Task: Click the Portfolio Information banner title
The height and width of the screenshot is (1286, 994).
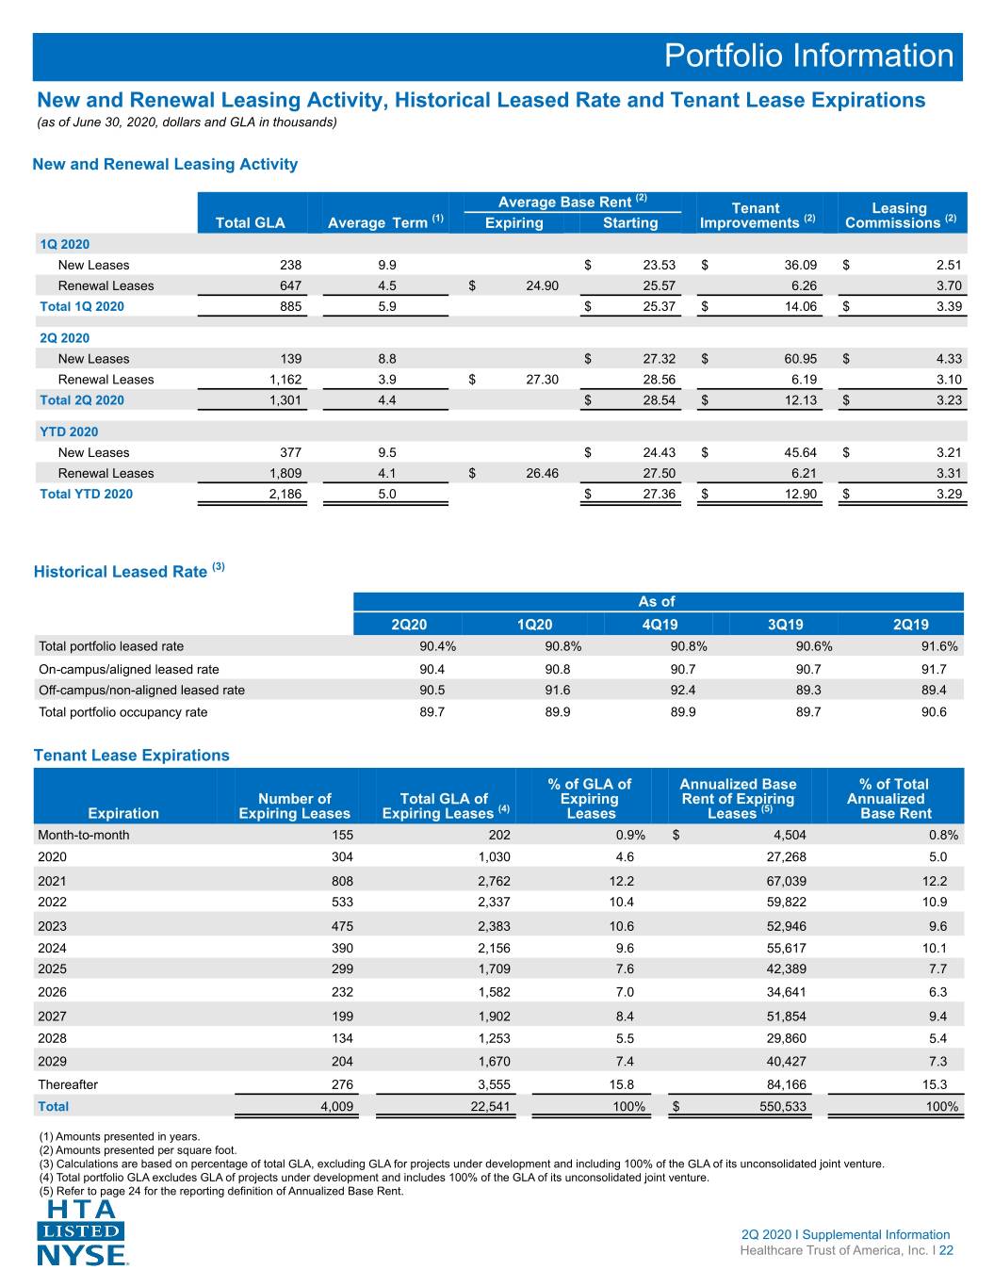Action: pyautogui.click(x=808, y=56)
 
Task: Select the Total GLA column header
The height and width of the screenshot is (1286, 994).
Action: pyautogui.click(x=250, y=222)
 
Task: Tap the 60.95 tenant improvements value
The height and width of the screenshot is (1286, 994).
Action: pyautogui.click(x=800, y=359)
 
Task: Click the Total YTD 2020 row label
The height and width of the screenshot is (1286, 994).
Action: pyautogui.click(x=87, y=494)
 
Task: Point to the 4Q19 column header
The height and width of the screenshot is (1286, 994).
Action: pyautogui.click(x=660, y=625)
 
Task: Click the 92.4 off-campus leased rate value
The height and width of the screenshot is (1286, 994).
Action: pyautogui.click(x=683, y=690)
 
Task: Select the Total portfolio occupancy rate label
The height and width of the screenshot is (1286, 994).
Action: pyautogui.click(x=123, y=712)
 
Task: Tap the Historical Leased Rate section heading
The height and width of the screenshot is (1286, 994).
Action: pyautogui.click(x=129, y=571)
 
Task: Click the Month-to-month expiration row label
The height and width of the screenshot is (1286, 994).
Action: pyautogui.click(x=84, y=835)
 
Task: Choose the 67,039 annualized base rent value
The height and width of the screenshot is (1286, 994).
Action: pyautogui.click(x=786, y=881)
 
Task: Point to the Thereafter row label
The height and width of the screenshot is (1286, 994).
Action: pyautogui.click(x=68, y=1084)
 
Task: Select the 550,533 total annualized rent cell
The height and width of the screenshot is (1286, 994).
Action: pyautogui.click(x=783, y=1106)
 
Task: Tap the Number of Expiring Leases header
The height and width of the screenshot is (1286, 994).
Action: pyautogui.click(x=295, y=806)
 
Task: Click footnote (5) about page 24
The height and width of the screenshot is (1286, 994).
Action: pyautogui.click(x=221, y=1191)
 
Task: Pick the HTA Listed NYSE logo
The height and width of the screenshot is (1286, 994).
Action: pyautogui.click(x=82, y=1232)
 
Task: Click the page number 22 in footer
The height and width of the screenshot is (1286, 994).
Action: pyautogui.click(x=946, y=1250)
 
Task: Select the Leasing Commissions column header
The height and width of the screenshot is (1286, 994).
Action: pyautogui.click(x=900, y=216)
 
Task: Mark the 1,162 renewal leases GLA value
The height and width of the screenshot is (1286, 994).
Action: pyautogui.click(x=285, y=380)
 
